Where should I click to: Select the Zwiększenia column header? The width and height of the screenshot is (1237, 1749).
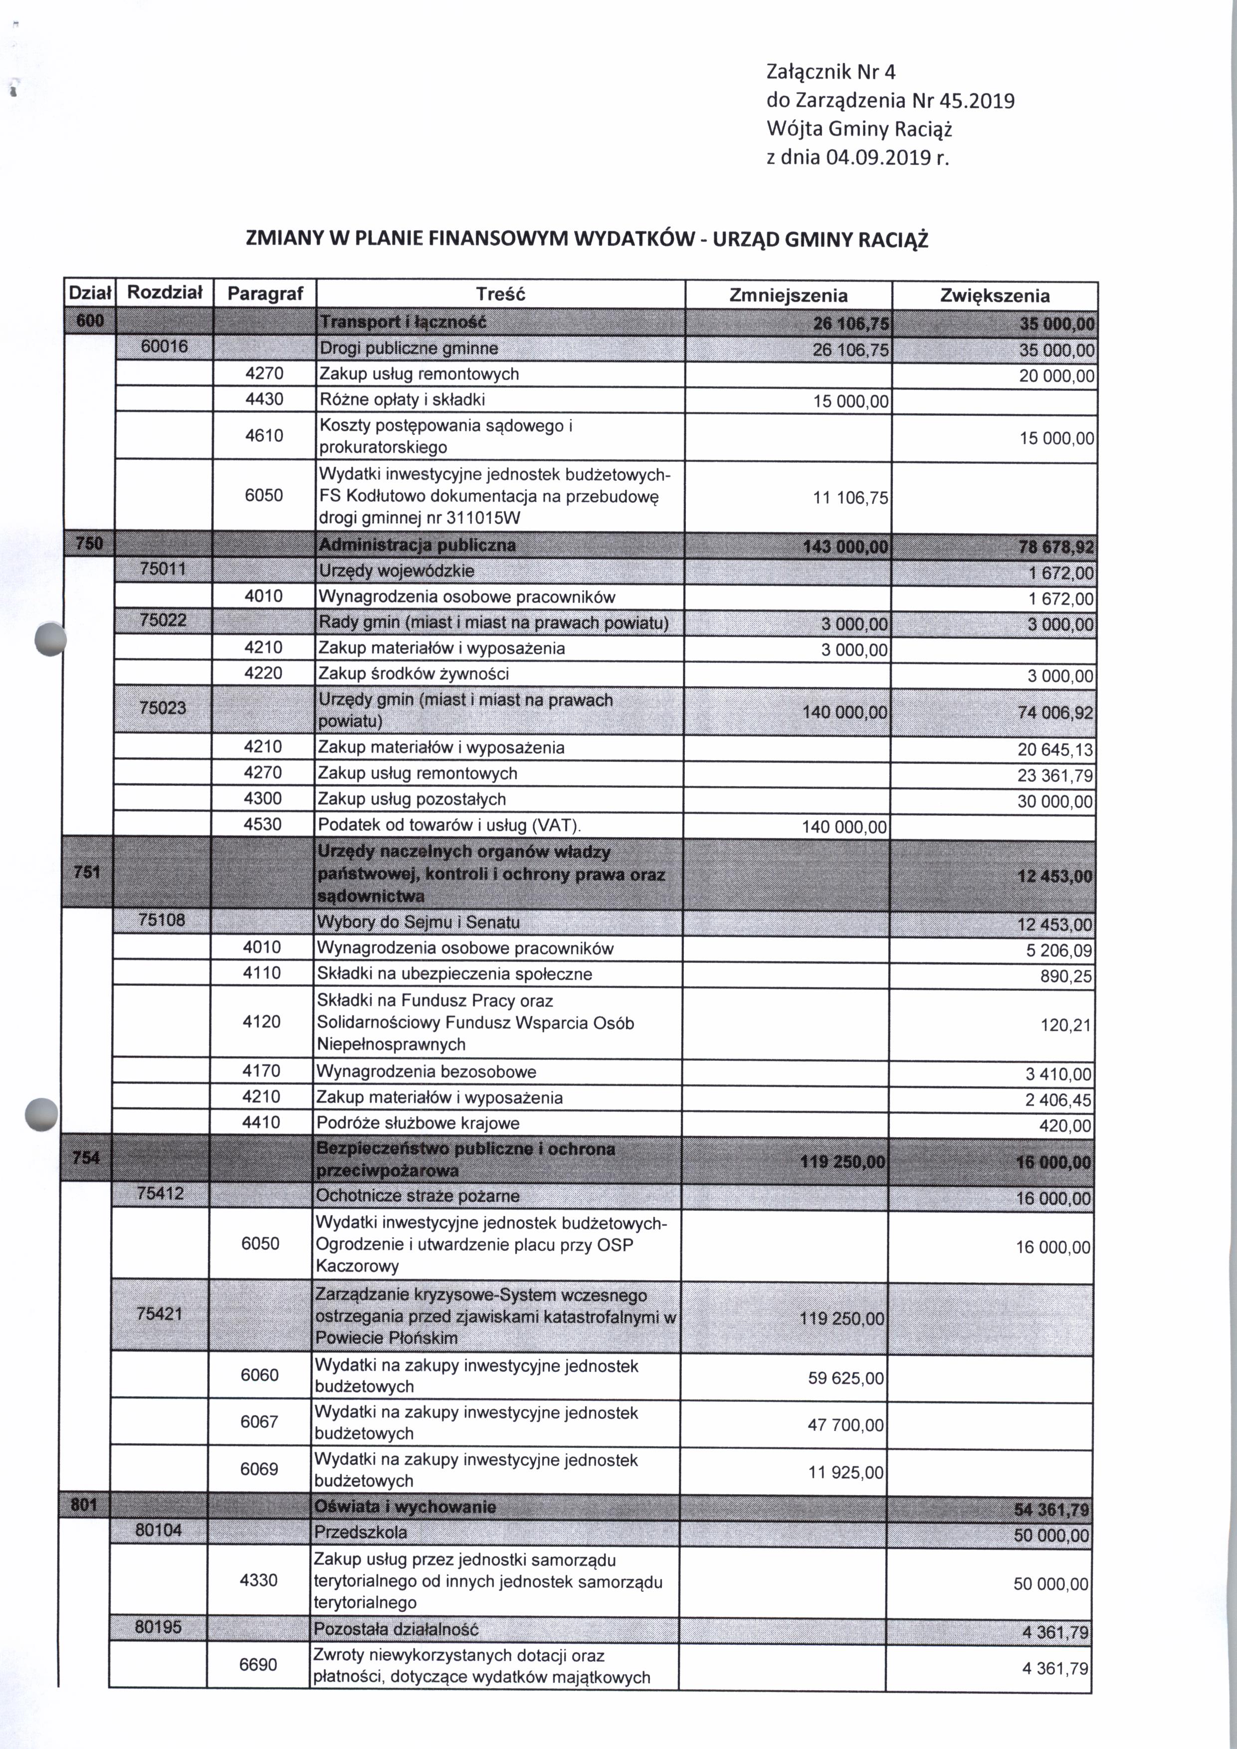point(994,296)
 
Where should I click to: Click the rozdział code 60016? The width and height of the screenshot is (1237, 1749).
point(165,348)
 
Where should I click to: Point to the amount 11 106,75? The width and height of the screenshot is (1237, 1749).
point(850,498)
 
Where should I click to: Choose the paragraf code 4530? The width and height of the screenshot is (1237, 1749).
point(263,824)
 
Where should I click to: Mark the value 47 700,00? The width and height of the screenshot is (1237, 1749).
point(845,1425)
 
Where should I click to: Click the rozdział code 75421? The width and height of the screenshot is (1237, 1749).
point(159,1314)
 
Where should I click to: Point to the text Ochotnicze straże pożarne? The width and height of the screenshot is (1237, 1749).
point(417,1196)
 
